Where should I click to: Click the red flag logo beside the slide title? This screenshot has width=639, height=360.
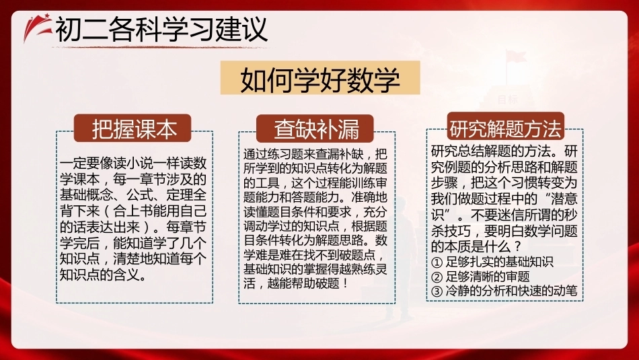(37, 27)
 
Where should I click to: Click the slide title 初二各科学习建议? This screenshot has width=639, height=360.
(161, 30)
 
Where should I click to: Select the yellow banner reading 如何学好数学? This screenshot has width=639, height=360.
(320, 78)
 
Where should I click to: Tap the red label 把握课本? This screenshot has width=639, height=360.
(133, 129)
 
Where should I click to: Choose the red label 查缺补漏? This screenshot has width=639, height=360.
(315, 129)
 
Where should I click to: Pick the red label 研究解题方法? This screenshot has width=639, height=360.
(505, 127)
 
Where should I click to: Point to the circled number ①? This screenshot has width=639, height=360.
(437, 262)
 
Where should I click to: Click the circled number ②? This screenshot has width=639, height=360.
(437, 277)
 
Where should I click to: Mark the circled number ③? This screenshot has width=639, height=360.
(437, 291)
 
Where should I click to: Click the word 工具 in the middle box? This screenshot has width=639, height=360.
(267, 182)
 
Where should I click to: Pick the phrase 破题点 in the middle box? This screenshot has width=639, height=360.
(357, 255)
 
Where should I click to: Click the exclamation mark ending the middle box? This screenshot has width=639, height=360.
(346, 283)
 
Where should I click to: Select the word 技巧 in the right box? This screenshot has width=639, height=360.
(457, 231)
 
